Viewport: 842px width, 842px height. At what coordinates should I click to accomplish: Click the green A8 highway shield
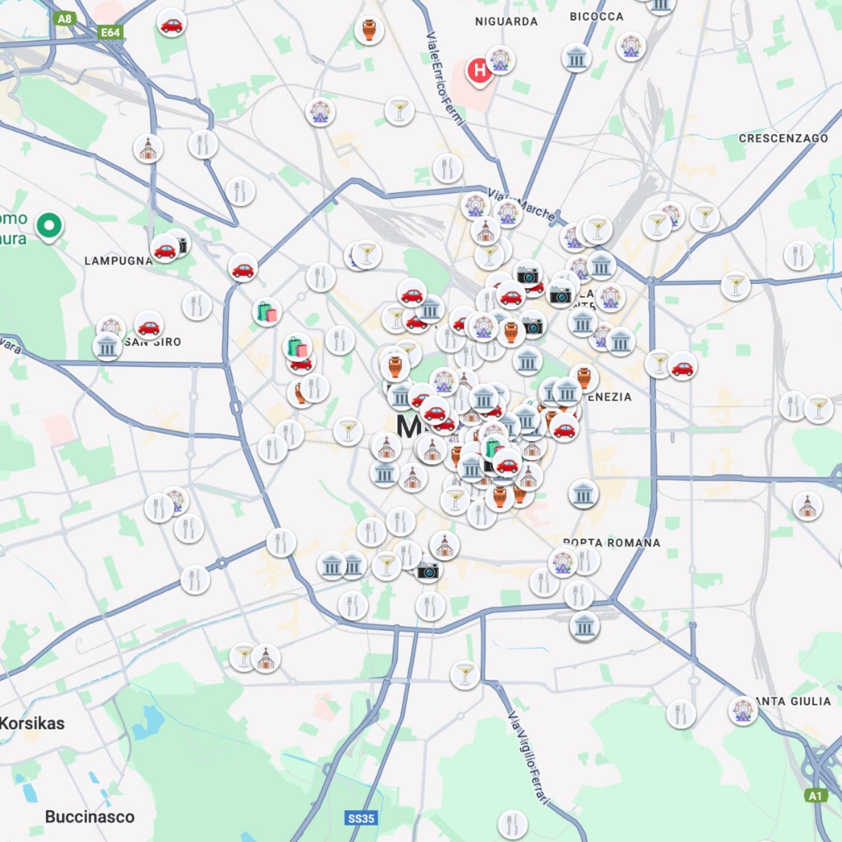[x=64, y=19]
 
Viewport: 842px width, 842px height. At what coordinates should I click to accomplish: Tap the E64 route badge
[x=110, y=33]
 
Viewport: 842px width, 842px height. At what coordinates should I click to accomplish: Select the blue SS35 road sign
[x=360, y=819]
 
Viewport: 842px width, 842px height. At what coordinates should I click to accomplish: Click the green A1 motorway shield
[x=815, y=796]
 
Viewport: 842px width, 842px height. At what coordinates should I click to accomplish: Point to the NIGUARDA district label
[x=506, y=21]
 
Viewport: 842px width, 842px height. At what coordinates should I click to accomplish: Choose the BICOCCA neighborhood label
[x=596, y=17]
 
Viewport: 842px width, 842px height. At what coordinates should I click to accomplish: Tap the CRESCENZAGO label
[x=783, y=138]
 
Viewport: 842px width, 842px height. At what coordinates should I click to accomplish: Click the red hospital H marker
[x=479, y=71]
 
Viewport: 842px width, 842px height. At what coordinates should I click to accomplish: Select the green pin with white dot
[x=49, y=226]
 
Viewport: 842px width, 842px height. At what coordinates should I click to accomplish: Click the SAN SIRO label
[x=153, y=342]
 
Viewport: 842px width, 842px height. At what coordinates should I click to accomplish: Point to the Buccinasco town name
[x=90, y=817]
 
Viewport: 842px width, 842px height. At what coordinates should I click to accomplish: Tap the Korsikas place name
[x=32, y=723]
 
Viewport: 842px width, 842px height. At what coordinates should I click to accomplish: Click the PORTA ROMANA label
[x=611, y=543]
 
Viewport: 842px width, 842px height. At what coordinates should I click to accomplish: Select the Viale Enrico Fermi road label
[x=444, y=78]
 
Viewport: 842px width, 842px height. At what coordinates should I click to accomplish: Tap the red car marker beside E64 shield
[x=171, y=23]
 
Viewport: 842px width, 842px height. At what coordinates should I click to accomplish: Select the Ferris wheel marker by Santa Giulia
[x=743, y=710]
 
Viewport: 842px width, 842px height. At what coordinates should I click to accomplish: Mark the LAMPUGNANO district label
[x=118, y=261]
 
